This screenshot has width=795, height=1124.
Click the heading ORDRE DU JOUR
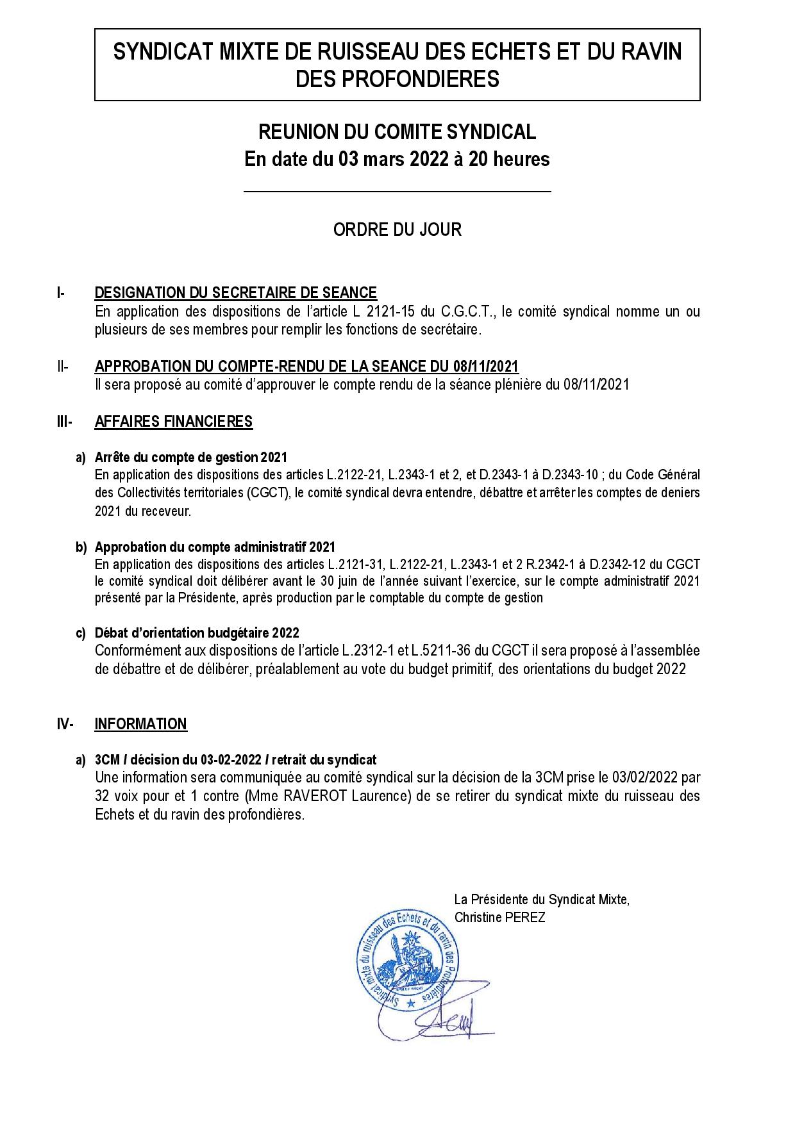(397, 229)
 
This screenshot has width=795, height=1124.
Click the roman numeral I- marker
(61, 293)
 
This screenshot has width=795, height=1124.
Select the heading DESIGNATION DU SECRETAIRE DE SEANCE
(235, 293)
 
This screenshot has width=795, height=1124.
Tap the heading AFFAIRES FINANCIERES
(173, 422)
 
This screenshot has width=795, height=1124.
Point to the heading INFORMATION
(140, 724)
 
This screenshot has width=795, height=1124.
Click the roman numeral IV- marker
(65, 724)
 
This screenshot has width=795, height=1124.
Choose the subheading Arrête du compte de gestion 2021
(190, 458)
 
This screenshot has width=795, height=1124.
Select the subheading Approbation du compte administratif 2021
(215, 547)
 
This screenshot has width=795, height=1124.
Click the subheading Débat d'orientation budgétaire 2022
(197, 633)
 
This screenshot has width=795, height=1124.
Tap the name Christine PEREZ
(499, 918)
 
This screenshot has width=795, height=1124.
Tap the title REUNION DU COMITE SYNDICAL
(397, 132)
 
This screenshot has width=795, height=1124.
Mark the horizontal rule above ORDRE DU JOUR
(397, 192)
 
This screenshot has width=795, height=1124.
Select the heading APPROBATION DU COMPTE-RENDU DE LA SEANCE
(306, 367)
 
